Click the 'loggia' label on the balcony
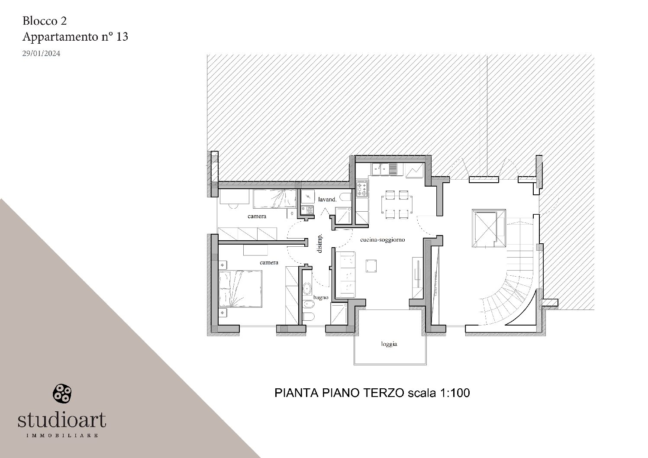(x=389, y=344)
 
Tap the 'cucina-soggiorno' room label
(x=383, y=240)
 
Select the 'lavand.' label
(x=327, y=200)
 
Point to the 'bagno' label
(x=321, y=297)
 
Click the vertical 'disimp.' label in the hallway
(x=320, y=244)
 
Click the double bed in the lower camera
(x=240, y=289)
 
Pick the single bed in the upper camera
(x=274, y=199)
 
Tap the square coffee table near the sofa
(x=371, y=266)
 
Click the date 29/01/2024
(x=41, y=54)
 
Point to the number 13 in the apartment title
(x=122, y=37)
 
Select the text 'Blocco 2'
(x=44, y=21)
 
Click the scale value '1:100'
(x=455, y=393)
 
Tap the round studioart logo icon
(x=61, y=393)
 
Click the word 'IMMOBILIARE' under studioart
(x=62, y=435)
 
